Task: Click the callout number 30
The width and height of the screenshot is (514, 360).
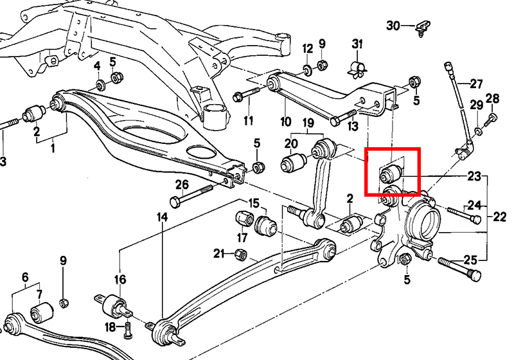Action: (393, 26)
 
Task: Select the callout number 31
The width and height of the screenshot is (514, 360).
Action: (357, 44)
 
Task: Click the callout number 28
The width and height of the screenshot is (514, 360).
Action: (492, 98)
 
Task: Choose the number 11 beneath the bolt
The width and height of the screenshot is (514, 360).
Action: (248, 120)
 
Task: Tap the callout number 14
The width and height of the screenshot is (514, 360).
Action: (161, 217)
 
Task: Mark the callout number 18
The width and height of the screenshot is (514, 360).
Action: (110, 327)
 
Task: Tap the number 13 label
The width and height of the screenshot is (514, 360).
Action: (352, 127)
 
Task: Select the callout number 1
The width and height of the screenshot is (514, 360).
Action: (53, 148)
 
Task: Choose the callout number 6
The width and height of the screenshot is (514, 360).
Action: (25, 277)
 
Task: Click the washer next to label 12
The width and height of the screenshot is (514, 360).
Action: (306, 66)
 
